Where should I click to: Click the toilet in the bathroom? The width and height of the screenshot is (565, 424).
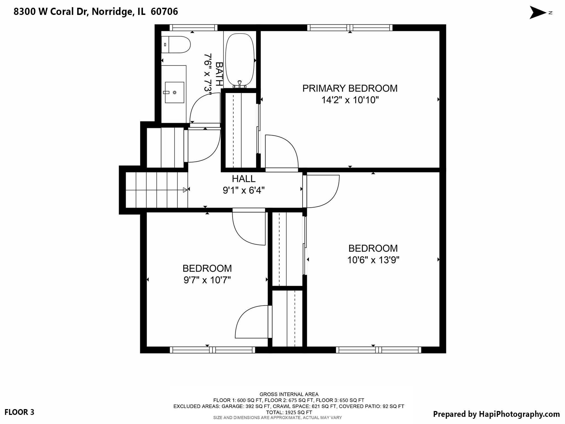tap(177, 44)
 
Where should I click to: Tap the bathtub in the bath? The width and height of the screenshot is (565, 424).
tap(239, 59)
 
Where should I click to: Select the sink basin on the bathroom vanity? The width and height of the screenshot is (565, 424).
tap(174, 92)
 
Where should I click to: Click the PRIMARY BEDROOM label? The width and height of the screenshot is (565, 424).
tap(350, 88)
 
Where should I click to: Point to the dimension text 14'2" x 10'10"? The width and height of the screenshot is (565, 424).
tap(350, 100)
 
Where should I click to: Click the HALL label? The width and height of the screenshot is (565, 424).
tap(244, 179)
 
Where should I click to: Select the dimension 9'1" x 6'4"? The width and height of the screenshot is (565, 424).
tap(244, 190)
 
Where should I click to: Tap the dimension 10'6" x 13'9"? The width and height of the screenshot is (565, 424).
tap(373, 260)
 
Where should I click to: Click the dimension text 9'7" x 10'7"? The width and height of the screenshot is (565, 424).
tap(207, 280)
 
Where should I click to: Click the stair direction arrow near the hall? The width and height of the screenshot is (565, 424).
tap(185, 190)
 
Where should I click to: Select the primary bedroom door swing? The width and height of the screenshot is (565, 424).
tap(281, 152)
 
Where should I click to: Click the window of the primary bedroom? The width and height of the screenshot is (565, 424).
tap(350, 28)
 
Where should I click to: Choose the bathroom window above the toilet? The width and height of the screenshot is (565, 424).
tap(193, 28)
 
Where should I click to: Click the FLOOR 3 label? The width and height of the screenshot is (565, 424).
tap(19, 412)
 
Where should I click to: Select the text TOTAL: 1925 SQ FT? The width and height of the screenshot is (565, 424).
tap(289, 412)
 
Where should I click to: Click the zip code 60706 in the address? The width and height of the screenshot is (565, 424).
tap(164, 12)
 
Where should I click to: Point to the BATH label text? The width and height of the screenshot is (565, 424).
tap(219, 74)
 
